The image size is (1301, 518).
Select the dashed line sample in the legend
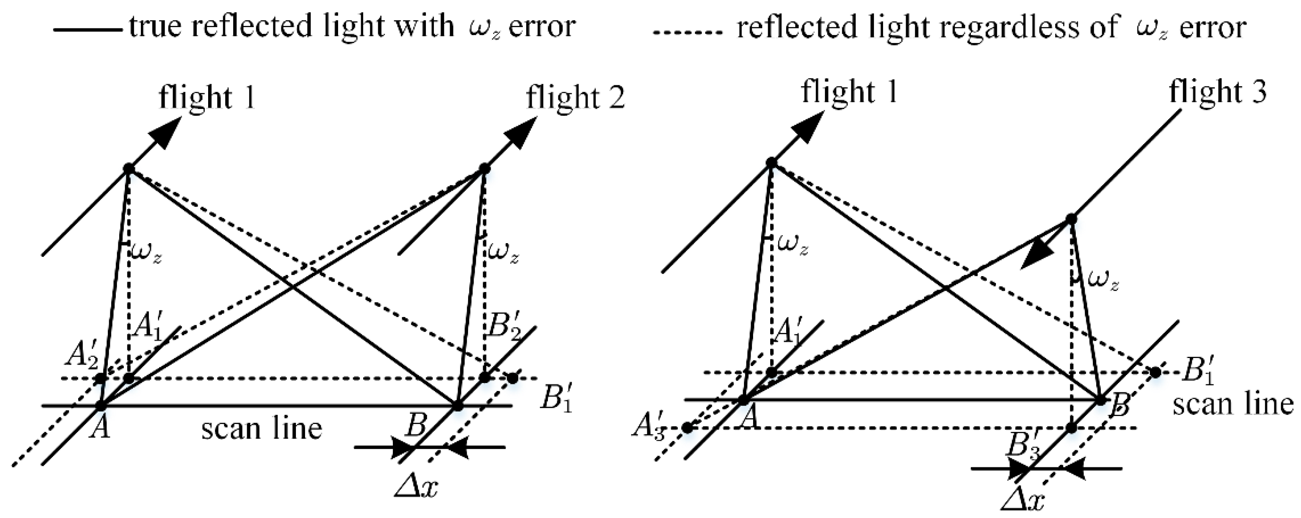coord(688,31)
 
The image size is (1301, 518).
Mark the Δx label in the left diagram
coord(417,488)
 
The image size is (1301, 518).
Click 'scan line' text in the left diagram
coord(262,429)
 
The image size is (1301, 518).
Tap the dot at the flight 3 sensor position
coord(1071,218)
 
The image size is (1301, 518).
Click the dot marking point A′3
coord(687,428)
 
